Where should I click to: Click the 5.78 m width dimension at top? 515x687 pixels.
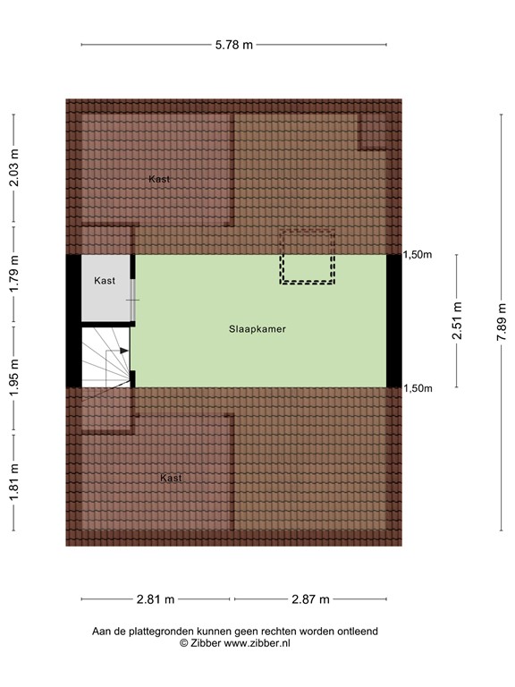click(235, 44)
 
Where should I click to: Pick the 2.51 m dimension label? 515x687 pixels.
click(457, 321)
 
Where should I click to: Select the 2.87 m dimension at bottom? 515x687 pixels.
click(309, 599)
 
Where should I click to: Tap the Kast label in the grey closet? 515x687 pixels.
click(105, 281)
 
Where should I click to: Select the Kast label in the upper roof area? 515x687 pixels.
click(159, 179)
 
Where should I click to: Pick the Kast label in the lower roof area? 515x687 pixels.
click(171, 478)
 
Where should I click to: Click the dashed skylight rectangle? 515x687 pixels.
click(308, 257)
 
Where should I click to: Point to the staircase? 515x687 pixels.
click(106, 357)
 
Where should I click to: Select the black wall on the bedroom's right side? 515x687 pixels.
click(393, 321)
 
